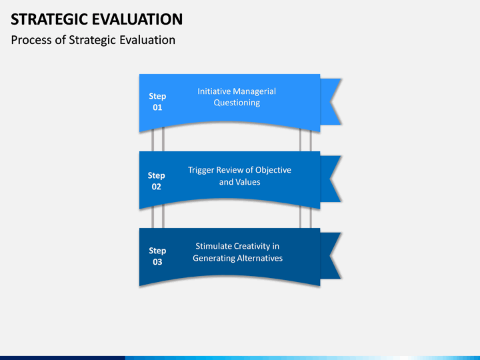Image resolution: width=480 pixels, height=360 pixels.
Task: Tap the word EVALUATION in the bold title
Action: coord(137,19)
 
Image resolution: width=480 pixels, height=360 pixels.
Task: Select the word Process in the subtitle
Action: coord(31,40)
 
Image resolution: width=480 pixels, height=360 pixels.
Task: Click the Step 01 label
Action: coord(157,101)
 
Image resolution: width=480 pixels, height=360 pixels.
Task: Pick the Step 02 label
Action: coord(157,181)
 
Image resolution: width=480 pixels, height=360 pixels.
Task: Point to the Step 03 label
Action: coord(157,256)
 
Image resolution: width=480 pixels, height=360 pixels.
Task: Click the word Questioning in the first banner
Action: coord(237,103)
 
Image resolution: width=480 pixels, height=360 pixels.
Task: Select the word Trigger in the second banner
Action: coord(201,170)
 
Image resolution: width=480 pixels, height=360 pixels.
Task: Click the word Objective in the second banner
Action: coord(273,170)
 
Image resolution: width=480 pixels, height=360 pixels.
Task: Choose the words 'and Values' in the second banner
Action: coord(240,182)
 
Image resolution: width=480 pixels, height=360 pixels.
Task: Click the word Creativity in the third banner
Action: coord(252,247)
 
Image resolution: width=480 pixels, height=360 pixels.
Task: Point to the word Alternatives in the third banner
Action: coord(259,258)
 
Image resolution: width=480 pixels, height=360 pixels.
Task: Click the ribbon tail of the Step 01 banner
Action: coord(331,101)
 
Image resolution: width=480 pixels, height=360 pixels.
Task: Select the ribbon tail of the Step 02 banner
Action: coord(331,179)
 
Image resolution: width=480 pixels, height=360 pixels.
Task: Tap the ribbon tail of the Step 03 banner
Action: coord(331,255)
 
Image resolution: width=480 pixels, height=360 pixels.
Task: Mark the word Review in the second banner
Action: coord(228,170)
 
